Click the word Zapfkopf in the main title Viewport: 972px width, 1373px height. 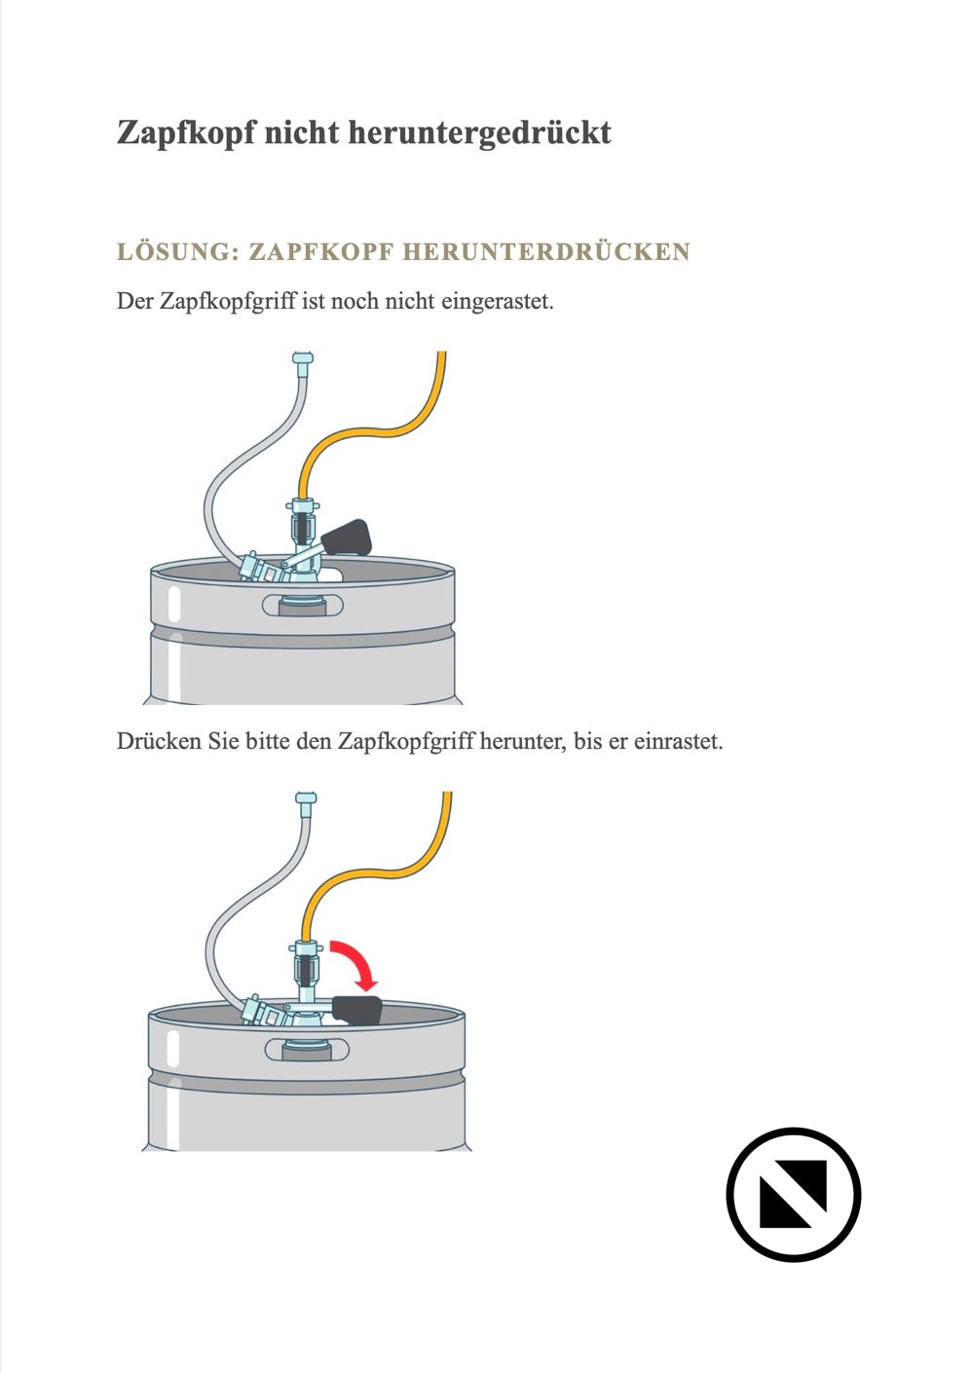point(186,133)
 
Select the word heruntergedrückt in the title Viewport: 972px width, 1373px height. point(479,133)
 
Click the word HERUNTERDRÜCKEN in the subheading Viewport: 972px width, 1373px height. point(546,252)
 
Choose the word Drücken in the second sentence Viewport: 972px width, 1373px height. point(158,741)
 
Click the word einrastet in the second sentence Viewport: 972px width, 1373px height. point(678,742)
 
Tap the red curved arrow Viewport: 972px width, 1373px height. point(358,963)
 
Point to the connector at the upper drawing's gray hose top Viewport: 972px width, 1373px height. point(303,358)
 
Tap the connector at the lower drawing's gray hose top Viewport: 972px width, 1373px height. point(306,798)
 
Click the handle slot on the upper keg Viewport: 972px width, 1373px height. point(303,606)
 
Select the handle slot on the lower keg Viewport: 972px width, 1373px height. point(307,1050)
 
